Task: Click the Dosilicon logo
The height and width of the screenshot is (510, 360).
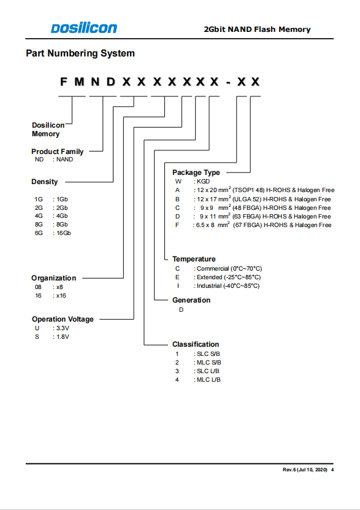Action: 84,28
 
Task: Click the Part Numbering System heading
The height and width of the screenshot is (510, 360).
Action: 80,53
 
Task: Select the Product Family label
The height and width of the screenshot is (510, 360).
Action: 58,152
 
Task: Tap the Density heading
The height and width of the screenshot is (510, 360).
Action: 45,182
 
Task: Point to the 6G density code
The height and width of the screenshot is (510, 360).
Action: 39,233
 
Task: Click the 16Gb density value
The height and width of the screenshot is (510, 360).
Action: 63,233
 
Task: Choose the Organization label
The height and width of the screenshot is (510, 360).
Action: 53,278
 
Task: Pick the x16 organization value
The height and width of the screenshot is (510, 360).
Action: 61,296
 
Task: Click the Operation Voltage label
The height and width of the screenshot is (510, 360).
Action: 63,319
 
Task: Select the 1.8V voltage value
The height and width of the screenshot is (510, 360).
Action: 63,337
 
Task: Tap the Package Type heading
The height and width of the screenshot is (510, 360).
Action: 196,172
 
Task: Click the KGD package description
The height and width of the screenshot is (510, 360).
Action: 204,182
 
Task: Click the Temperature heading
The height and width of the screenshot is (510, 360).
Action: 194,259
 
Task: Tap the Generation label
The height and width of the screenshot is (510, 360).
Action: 191,300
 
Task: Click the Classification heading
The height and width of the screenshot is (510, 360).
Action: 196,344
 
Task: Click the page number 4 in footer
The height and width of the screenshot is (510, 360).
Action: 332,469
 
